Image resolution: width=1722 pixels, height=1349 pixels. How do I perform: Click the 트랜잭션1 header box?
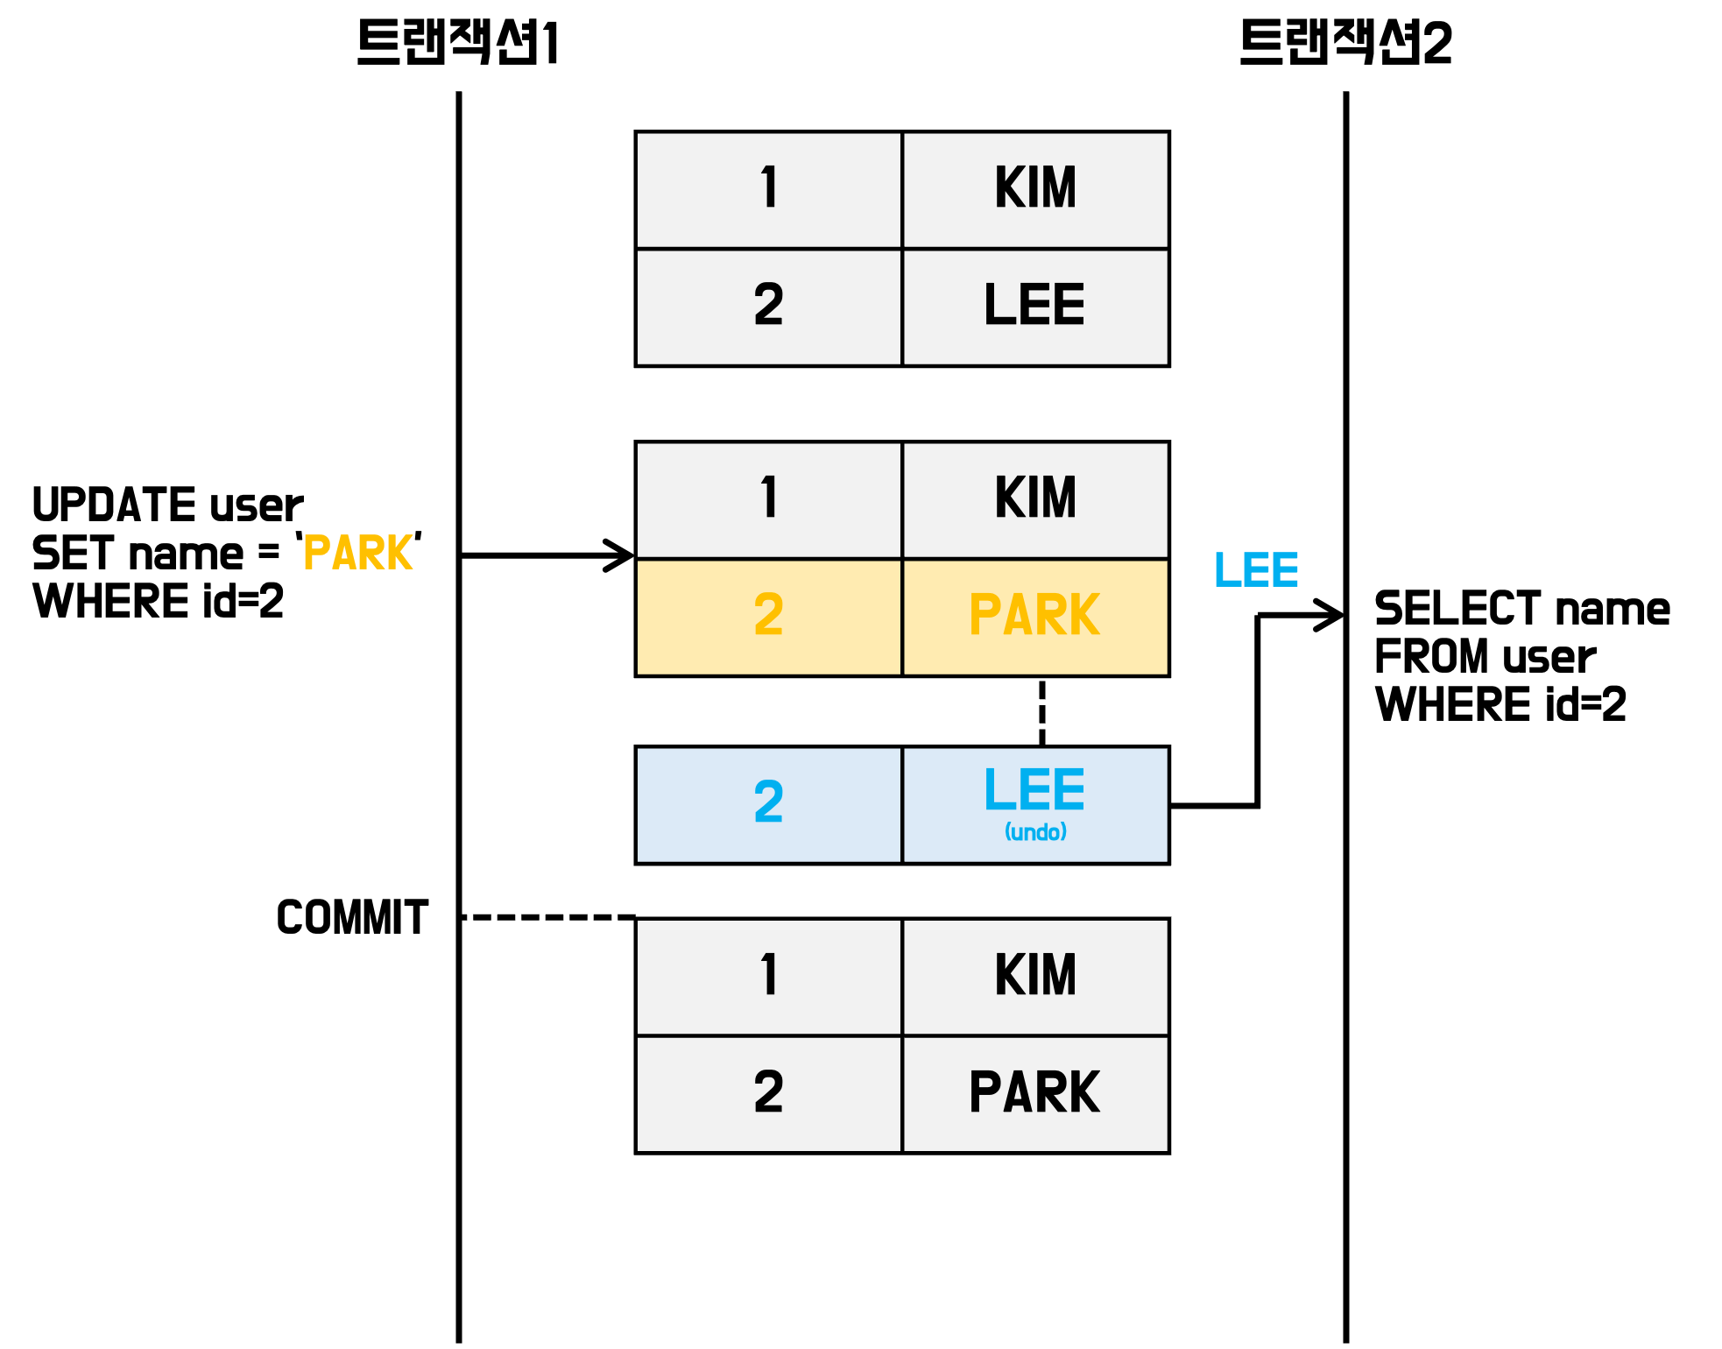(x=458, y=46)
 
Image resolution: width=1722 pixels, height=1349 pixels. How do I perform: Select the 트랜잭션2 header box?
(x=1344, y=46)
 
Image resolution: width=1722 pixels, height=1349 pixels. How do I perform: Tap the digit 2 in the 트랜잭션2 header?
(x=1437, y=43)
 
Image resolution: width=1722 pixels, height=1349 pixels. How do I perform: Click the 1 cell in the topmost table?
(x=768, y=189)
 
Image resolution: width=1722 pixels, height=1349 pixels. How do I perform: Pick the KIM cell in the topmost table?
(x=1034, y=189)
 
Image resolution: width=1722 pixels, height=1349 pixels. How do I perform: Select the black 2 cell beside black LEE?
(x=768, y=307)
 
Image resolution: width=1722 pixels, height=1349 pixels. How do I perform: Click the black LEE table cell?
(x=1034, y=307)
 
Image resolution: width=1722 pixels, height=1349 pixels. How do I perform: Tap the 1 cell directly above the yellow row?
(x=768, y=499)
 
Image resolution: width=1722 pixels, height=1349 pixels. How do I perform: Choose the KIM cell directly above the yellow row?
(x=1034, y=499)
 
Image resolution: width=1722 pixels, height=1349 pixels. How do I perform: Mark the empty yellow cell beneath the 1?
(x=768, y=618)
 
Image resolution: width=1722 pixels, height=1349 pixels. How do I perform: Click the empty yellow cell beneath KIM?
(x=1034, y=618)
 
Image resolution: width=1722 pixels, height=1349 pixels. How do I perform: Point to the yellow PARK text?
(x=358, y=553)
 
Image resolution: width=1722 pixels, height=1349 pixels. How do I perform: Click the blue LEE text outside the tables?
(x=1256, y=570)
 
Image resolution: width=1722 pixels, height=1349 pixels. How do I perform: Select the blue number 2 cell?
(x=768, y=804)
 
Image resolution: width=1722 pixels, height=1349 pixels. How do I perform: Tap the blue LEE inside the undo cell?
(x=1034, y=790)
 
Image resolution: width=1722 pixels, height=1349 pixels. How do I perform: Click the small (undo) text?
(x=1035, y=831)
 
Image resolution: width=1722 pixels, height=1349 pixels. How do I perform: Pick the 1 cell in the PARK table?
(x=768, y=976)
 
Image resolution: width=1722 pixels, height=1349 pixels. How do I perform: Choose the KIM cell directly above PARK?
(x=1034, y=976)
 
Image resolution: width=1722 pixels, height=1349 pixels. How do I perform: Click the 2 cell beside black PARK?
(x=768, y=1093)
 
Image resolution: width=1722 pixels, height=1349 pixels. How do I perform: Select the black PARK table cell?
(x=1034, y=1093)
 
